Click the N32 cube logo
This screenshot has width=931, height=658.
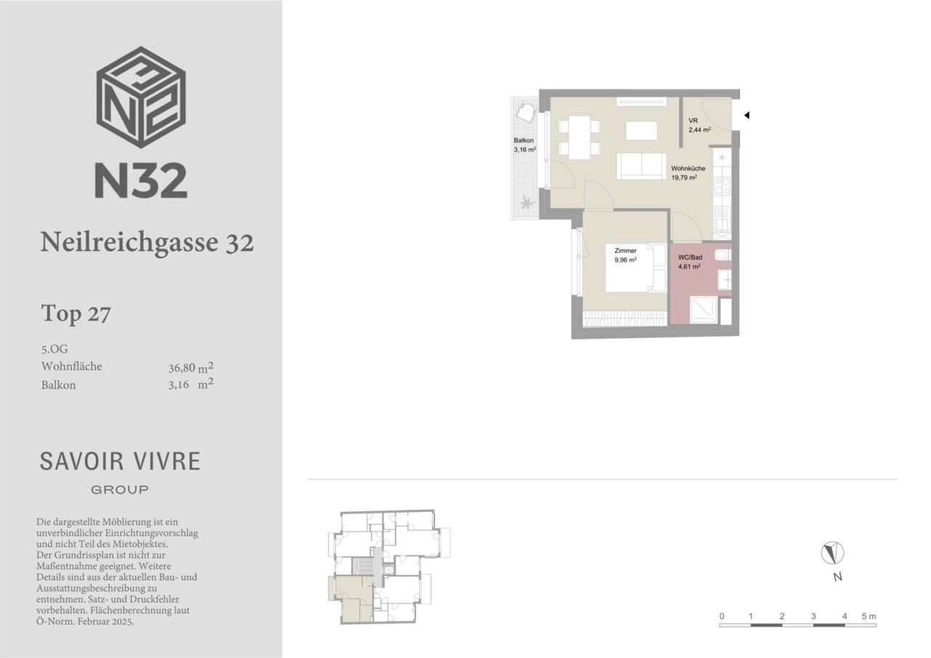(x=141, y=97)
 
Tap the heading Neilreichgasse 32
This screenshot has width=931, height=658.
(x=147, y=242)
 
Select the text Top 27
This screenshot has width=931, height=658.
(x=76, y=313)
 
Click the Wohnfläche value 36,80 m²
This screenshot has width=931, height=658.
(x=191, y=367)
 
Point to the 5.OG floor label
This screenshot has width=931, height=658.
(x=55, y=348)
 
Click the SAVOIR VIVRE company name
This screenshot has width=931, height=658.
(x=120, y=461)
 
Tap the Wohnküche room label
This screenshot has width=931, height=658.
(x=688, y=168)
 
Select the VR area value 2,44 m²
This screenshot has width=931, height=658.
(x=700, y=129)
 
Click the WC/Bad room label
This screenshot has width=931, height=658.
(x=690, y=257)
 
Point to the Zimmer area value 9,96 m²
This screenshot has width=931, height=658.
(x=626, y=260)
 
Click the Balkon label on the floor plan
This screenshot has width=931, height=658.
(x=524, y=140)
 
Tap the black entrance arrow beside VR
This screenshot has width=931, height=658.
(x=746, y=116)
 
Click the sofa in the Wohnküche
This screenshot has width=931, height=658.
(x=642, y=166)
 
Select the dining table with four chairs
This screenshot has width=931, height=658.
(x=580, y=137)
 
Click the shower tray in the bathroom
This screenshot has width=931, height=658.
(x=703, y=310)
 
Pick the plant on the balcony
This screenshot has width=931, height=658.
(x=528, y=203)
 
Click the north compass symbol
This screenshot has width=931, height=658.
(x=833, y=553)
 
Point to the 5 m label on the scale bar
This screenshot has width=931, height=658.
(x=868, y=616)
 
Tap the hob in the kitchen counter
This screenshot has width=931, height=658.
(x=722, y=185)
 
